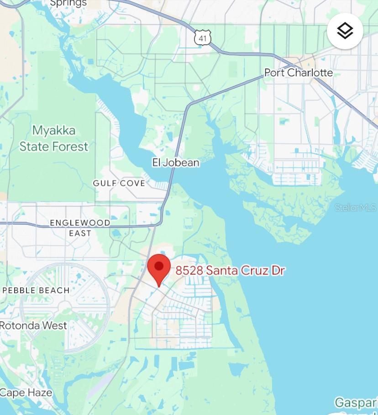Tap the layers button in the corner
345,31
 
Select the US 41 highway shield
202,38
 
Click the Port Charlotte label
299,73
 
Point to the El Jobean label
176,163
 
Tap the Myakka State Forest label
54,138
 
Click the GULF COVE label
119,183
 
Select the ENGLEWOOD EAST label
80,228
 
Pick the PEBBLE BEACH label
36,290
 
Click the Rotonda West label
33,326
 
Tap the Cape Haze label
26,393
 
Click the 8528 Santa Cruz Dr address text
231,270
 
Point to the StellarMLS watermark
356,208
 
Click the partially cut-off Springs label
68,3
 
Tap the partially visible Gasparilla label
356,403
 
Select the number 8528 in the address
189,270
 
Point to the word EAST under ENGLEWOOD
80,233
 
